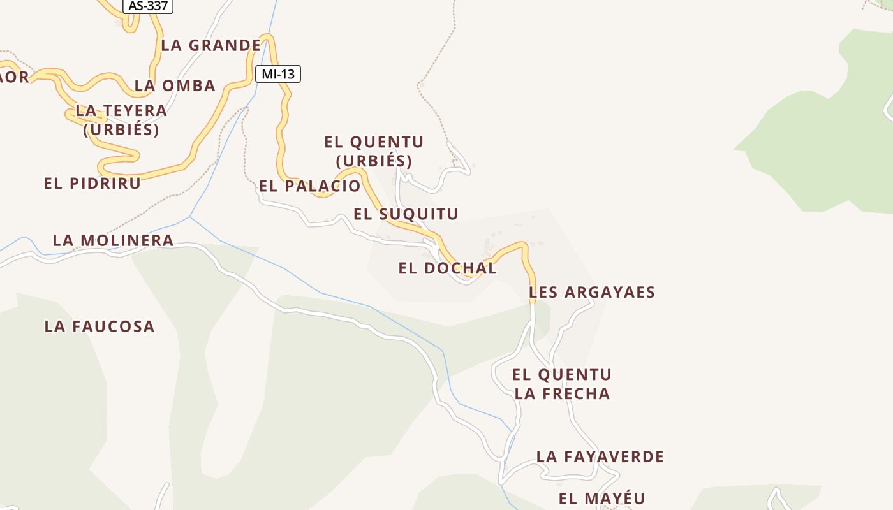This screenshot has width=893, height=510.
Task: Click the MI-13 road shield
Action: point(278,74)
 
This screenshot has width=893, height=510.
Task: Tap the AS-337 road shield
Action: point(148,6)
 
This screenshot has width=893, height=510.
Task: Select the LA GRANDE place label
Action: point(210,45)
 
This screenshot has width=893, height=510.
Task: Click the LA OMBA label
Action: point(175,85)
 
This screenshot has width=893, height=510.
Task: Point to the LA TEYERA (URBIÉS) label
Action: point(121,120)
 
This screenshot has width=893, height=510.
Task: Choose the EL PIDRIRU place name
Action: point(92,183)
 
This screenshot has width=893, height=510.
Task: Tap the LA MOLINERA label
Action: point(113,240)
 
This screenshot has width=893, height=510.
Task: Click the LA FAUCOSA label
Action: point(100,326)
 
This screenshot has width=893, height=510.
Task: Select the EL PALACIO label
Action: point(309,186)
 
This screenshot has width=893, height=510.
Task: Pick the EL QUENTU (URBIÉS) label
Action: point(374,151)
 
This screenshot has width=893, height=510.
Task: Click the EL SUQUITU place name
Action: point(406,214)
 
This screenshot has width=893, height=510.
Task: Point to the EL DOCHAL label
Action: point(447,268)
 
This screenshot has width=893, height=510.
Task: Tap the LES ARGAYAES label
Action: point(592,292)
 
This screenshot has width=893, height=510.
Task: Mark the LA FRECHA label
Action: point(562,394)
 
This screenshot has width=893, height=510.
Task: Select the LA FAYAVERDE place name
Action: point(600,456)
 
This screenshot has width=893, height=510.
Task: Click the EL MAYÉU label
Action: point(601,499)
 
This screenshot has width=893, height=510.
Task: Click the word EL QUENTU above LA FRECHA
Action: point(562,374)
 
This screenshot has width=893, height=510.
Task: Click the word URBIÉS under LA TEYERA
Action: point(121,129)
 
